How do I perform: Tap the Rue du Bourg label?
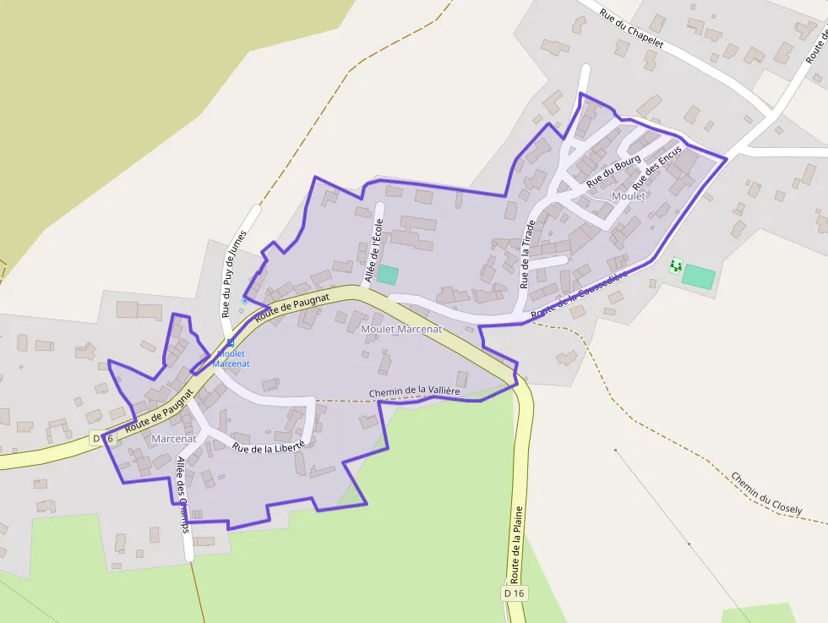click(613, 172)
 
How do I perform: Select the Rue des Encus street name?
click(656, 166)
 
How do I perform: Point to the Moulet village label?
click(628, 196)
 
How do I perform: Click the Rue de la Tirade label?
click(526, 254)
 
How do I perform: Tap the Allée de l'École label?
click(373, 250)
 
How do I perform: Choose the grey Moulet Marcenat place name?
click(400, 329)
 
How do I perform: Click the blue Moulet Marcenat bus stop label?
click(231, 358)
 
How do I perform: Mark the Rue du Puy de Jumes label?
click(233, 273)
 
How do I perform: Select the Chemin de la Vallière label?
click(414, 392)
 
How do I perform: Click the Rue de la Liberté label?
click(268, 449)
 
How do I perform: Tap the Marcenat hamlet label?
click(174, 439)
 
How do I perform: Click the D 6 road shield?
click(101, 438)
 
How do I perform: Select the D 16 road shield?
click(514, 593)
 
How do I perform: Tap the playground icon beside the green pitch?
click(674, 266)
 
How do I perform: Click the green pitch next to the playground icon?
click(699, 276)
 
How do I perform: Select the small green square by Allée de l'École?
click(387, 275)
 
